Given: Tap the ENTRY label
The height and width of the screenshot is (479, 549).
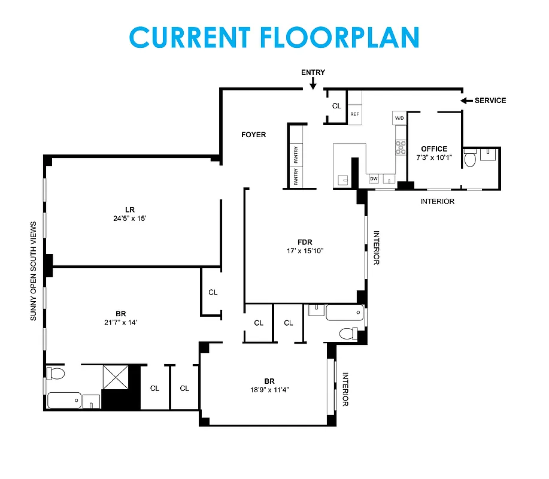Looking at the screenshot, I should coord(313,72).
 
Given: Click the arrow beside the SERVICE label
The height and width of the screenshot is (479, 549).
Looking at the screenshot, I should coord(465,101).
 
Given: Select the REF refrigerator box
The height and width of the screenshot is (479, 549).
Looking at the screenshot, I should coord(355,114).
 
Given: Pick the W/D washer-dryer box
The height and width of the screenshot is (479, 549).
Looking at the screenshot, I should coord(399,118).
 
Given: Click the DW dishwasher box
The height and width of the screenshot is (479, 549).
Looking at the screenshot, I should coord(374,178).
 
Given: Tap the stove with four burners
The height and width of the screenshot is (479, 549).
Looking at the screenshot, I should coord(400,147).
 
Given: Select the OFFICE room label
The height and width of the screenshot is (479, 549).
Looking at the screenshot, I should coord(434,149).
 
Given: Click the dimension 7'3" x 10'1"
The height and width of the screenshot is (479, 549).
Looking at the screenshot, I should coord(434,157).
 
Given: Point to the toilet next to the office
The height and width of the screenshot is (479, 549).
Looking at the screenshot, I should coord(471,159).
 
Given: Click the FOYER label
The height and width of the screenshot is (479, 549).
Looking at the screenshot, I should coord(253,135).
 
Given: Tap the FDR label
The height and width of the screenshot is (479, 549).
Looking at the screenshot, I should coord(305,242).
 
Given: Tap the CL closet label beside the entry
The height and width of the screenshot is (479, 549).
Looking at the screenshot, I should coord(336,106).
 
